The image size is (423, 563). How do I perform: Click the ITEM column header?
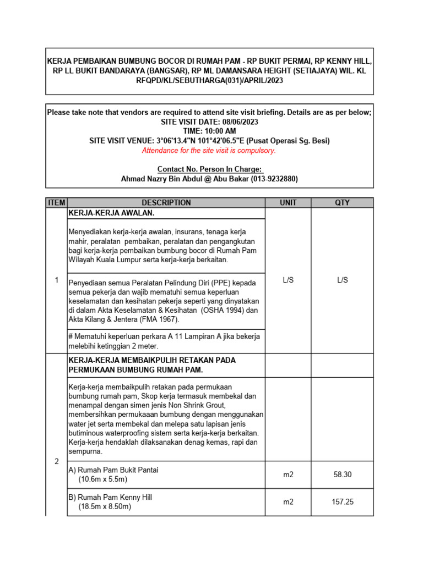[x=56, y=203]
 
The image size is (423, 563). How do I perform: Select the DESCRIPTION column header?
[x=166, y=203]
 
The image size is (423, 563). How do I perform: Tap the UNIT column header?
[x=288, y=203]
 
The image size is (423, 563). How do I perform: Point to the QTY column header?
[x=342, y=203]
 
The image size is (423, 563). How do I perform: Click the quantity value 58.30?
[x=342, y=474]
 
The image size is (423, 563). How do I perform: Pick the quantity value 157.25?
[x=342, y=502]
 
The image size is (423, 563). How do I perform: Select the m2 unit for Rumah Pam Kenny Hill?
[x=288, y=502]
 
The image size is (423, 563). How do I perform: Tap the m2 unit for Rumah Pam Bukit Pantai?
[x=288, y=474]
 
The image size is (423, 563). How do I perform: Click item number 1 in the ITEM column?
[x=56, y=280]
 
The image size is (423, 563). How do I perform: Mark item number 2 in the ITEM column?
[x=56, y=461]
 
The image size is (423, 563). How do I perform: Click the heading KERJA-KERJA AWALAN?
[x=111, y=213]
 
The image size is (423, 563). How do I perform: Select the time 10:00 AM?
[x=218, y=131]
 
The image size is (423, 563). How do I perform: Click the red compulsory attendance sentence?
[x=209, y=151]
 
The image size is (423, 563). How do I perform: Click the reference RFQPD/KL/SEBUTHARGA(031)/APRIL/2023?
[x=209, y=80]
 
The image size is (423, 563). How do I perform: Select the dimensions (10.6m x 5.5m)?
[x=102, y=479]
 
